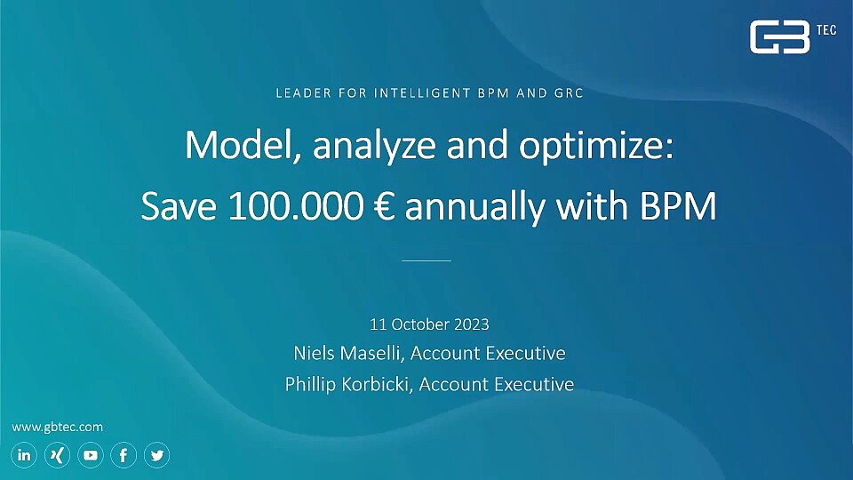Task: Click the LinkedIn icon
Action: pyautogui.click(x=24, y=455)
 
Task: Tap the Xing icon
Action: pyautogui.click(x=57, y=455)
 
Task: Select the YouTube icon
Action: pyautogui.click(x=91, y=455)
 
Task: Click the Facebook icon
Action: pyautogui.click(x=124, y=455)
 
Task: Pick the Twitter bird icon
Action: pyautogui.click(x=156, y=455)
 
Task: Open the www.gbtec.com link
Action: pyautogui.click(x=57, y=428)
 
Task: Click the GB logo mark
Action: pyautogui.click(x=779, y=37)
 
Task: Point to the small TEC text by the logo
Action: pyautogui.click(x=825, y=30)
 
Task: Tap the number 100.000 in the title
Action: pyautogui.click(x=295, y=207)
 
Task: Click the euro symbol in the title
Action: pyautogui.click(x=385, y=207)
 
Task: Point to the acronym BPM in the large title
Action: pyautogui.click(x=678, y=207)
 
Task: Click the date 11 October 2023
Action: pyautogui.click(x=429, y=324)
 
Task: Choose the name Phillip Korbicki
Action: pyautogui.click(x=348, y=384)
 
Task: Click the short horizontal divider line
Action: pyautogui.click(x=426, y=260)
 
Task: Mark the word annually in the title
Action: pyautogui.click(x=474, y=208)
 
